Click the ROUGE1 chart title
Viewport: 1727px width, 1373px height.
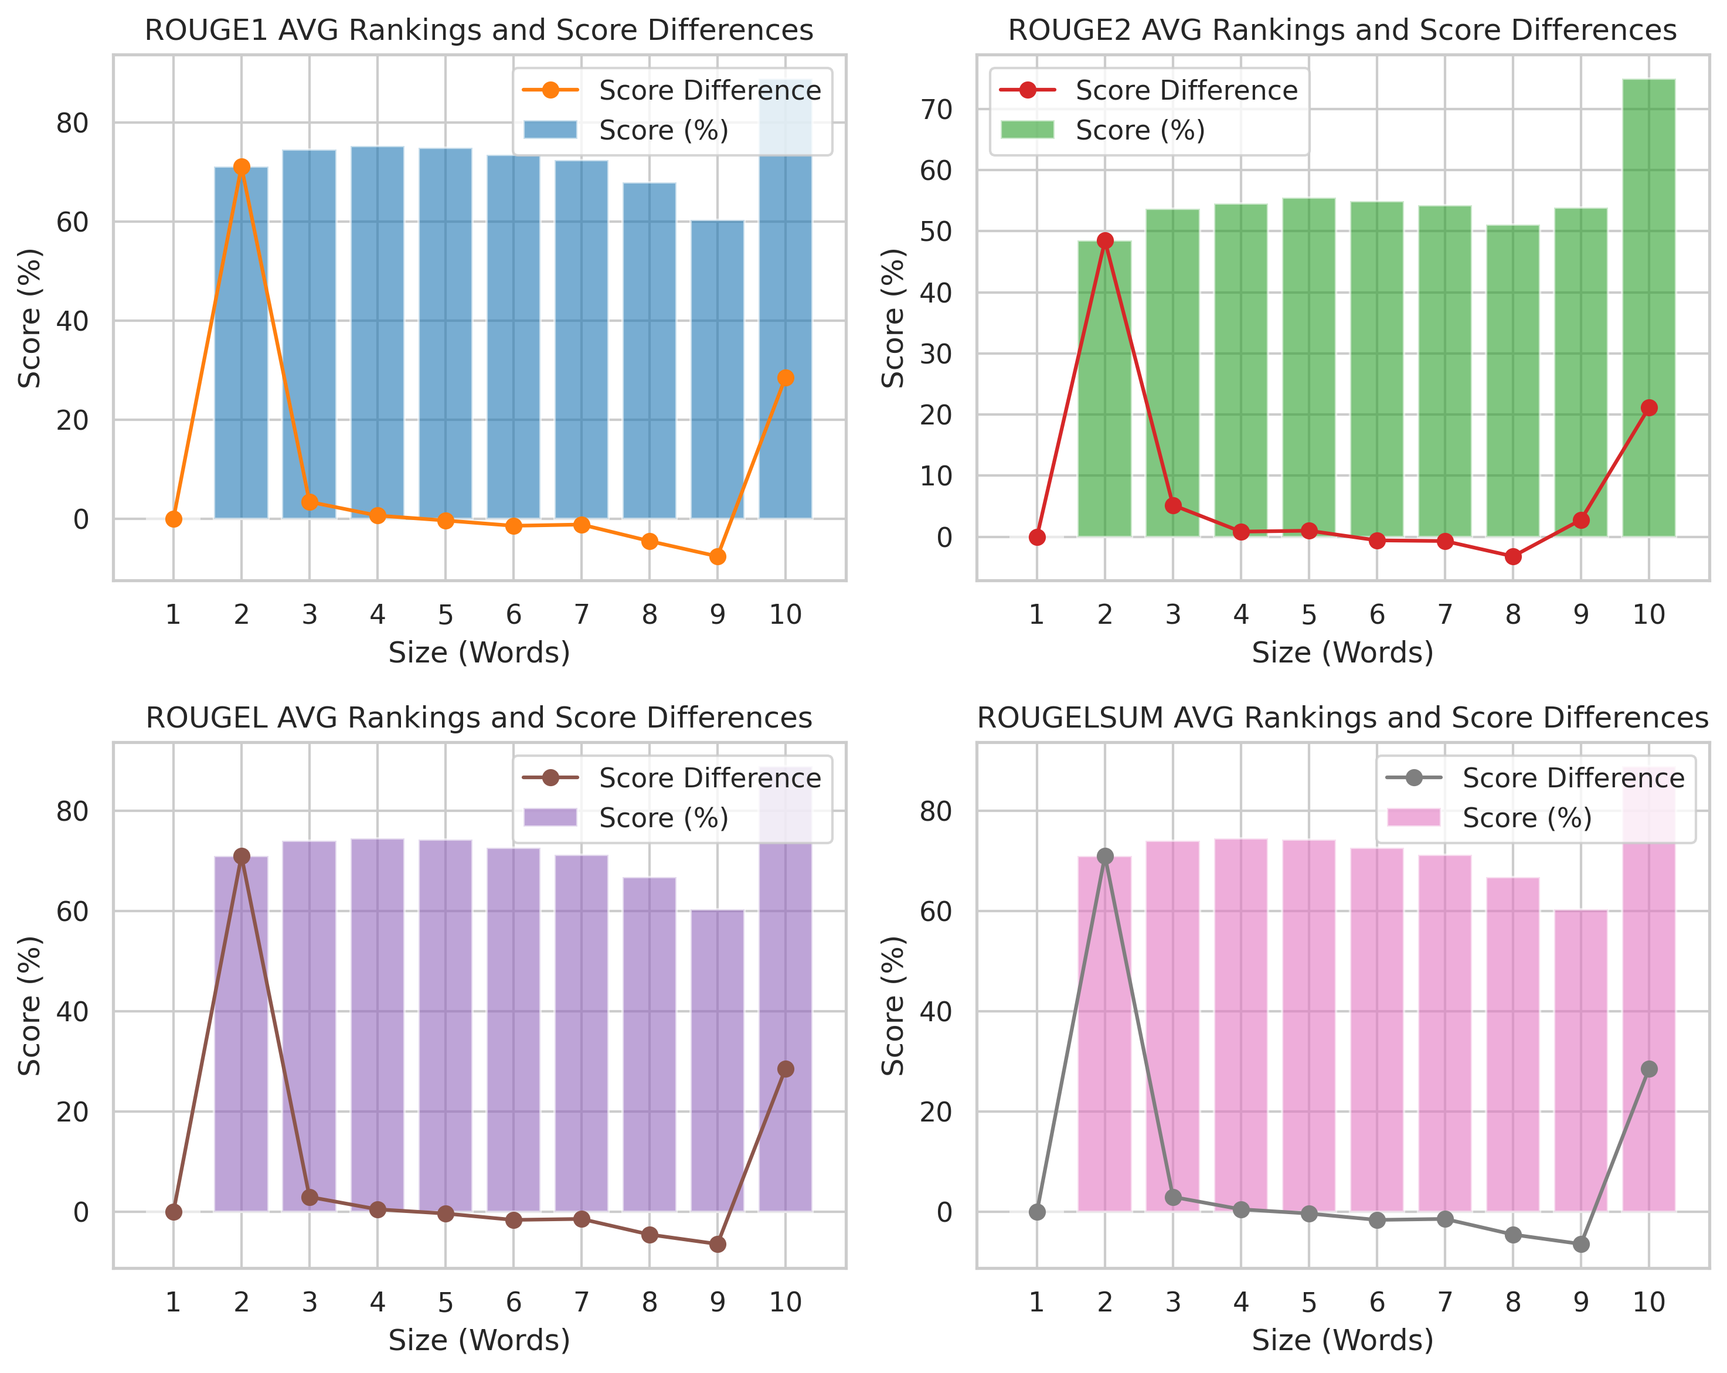(478, 30)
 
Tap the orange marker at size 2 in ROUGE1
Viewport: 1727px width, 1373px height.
(241, 166)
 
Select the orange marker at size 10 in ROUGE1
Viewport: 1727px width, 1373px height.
(785, 378)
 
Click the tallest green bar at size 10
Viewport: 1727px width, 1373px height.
(1648, 304)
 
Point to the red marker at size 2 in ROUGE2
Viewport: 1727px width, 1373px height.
(1104, 240)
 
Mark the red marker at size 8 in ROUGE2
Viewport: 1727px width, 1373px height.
(1512, 556)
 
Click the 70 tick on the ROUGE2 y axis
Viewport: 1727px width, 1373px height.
(936, 109)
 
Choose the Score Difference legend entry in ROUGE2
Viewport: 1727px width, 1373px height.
(1185, 90)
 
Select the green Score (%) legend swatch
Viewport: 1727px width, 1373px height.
(1027, 130)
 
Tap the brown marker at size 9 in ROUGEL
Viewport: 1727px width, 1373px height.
(717, 1244)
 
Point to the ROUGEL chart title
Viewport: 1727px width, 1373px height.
(478, 718)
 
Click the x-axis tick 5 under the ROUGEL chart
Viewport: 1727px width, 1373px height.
(446, 1303)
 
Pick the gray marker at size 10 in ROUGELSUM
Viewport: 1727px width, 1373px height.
(1648, 1069)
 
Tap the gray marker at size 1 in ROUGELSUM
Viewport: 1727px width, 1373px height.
(1036, 1212)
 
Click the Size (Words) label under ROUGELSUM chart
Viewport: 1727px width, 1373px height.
(1342, 1340)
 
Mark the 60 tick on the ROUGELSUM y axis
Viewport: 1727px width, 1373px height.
(936, 912)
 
